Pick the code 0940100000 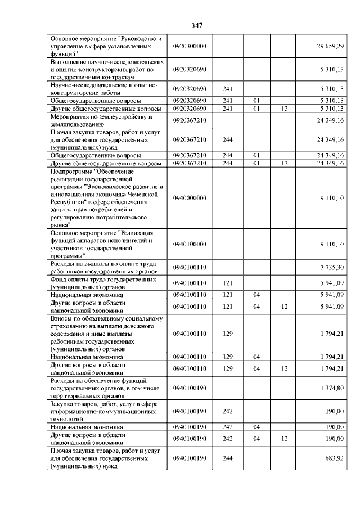coord(190,244)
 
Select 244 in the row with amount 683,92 coord(228,459)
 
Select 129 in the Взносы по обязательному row coord(228,334)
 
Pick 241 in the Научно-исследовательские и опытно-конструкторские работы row coord(228,89)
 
